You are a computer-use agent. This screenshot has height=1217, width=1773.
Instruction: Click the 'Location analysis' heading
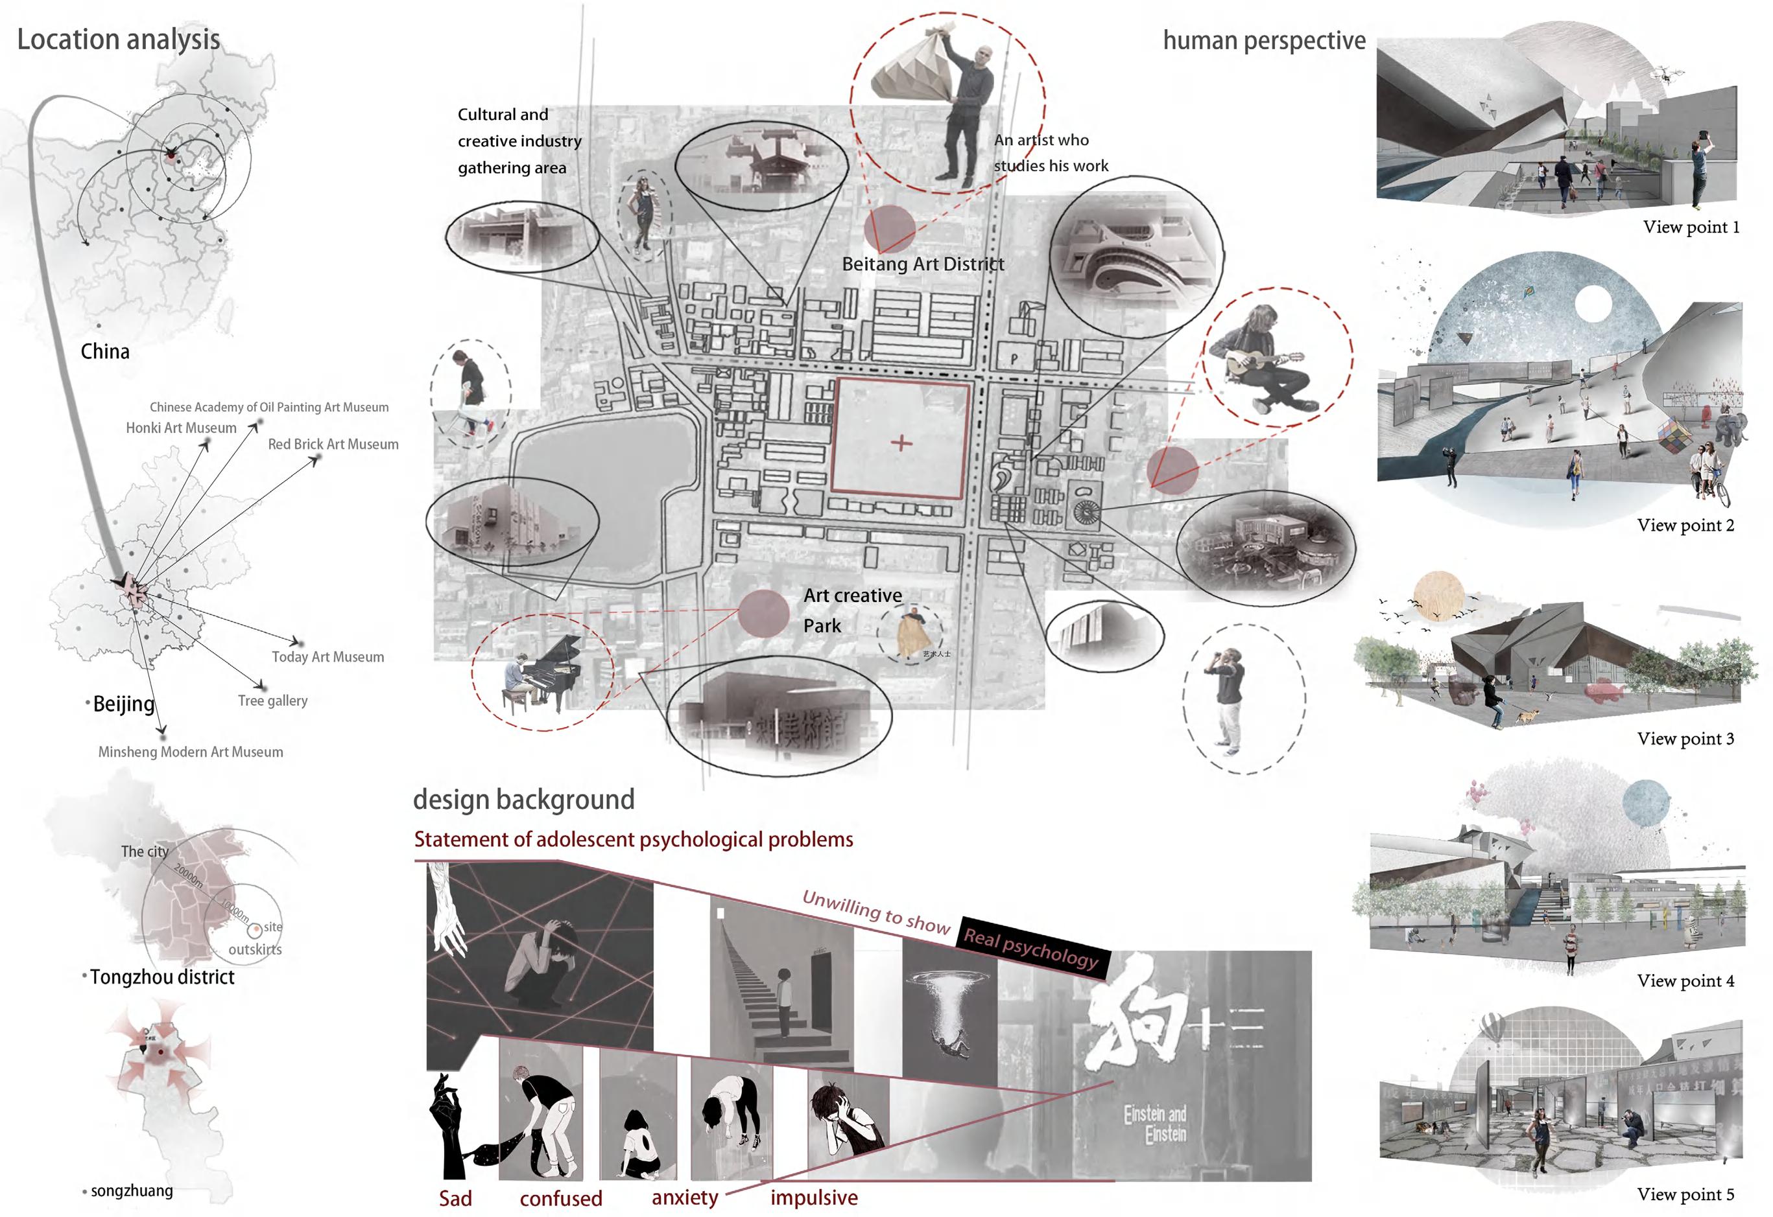point(118,40)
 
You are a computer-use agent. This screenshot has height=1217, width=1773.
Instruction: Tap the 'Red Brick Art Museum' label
point(333,445)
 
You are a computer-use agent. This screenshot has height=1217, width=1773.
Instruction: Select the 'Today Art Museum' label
point(327,657)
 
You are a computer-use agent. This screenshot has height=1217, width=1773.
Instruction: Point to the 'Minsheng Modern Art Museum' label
point(190,752)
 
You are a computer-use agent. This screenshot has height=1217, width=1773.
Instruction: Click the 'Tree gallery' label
point(272,701)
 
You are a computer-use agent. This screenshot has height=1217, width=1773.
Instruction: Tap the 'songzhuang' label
point(131,1191)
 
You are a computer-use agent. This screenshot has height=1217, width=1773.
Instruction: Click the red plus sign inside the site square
point(901,443)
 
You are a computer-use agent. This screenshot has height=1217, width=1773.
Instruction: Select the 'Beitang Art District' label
point(922,264)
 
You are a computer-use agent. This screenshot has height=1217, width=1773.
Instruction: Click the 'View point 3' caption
point(1685,739)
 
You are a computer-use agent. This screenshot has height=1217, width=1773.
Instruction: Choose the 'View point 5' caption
point(1685,1194)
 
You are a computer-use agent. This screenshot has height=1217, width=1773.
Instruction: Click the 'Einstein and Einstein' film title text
point(1154,1124)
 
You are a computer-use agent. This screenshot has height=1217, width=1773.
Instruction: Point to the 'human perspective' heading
point(1263,40)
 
